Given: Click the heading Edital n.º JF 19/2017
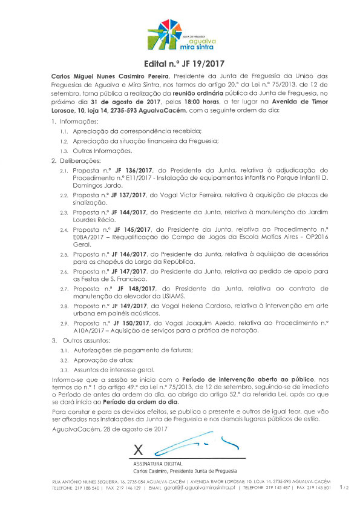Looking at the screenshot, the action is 180,64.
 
